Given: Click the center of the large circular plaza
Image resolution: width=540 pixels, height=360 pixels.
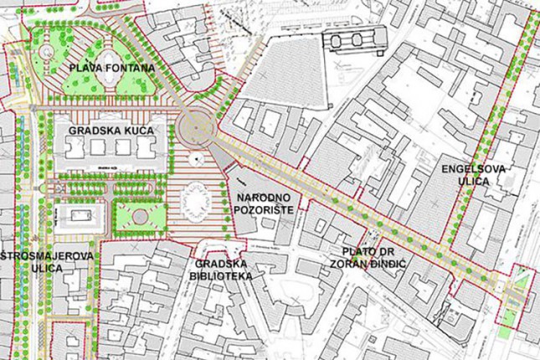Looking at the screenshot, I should pyautogui.click(x=196, y=128).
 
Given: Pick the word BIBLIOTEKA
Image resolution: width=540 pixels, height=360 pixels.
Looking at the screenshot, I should pyautogui.click(x=220, y=275).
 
